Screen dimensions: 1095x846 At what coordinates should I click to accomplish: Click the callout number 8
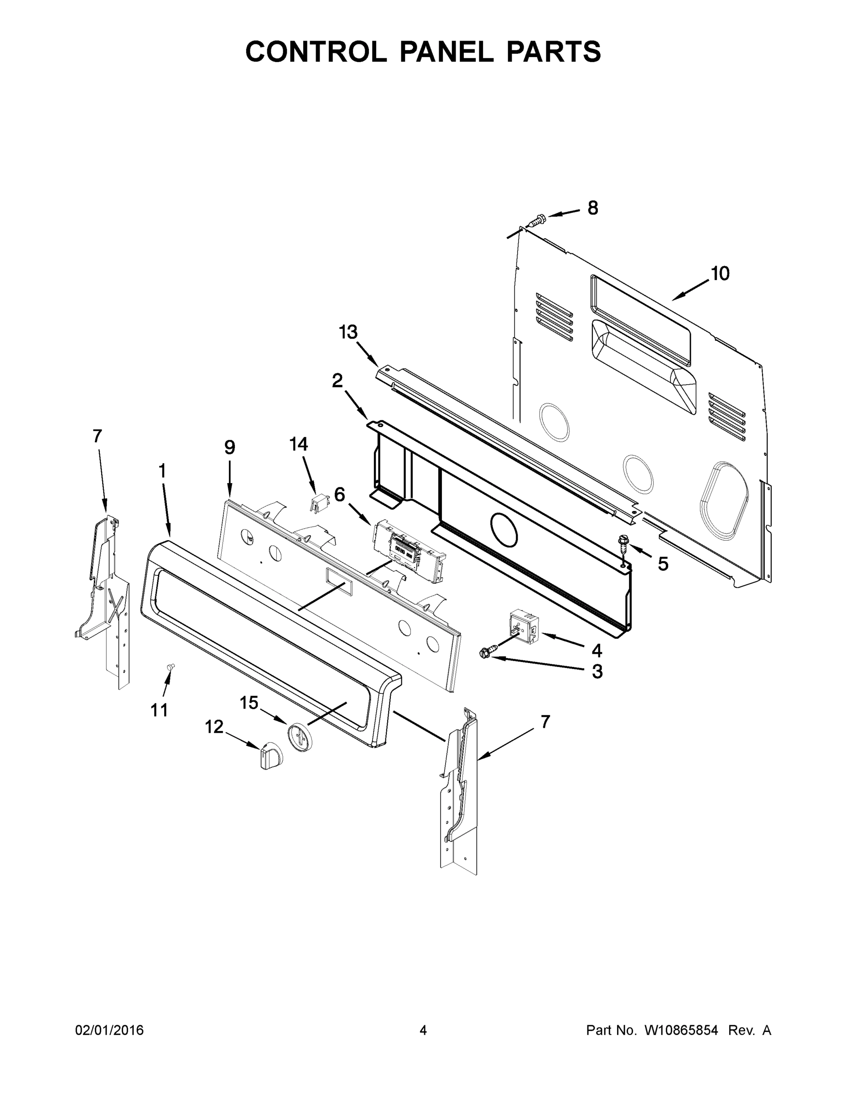592,208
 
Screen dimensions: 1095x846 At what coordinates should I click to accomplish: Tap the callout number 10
720,274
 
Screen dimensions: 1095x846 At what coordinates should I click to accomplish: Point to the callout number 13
348,332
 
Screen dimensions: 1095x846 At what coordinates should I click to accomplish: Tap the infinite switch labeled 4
522,624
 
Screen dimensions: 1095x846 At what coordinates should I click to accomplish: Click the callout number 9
229,447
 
